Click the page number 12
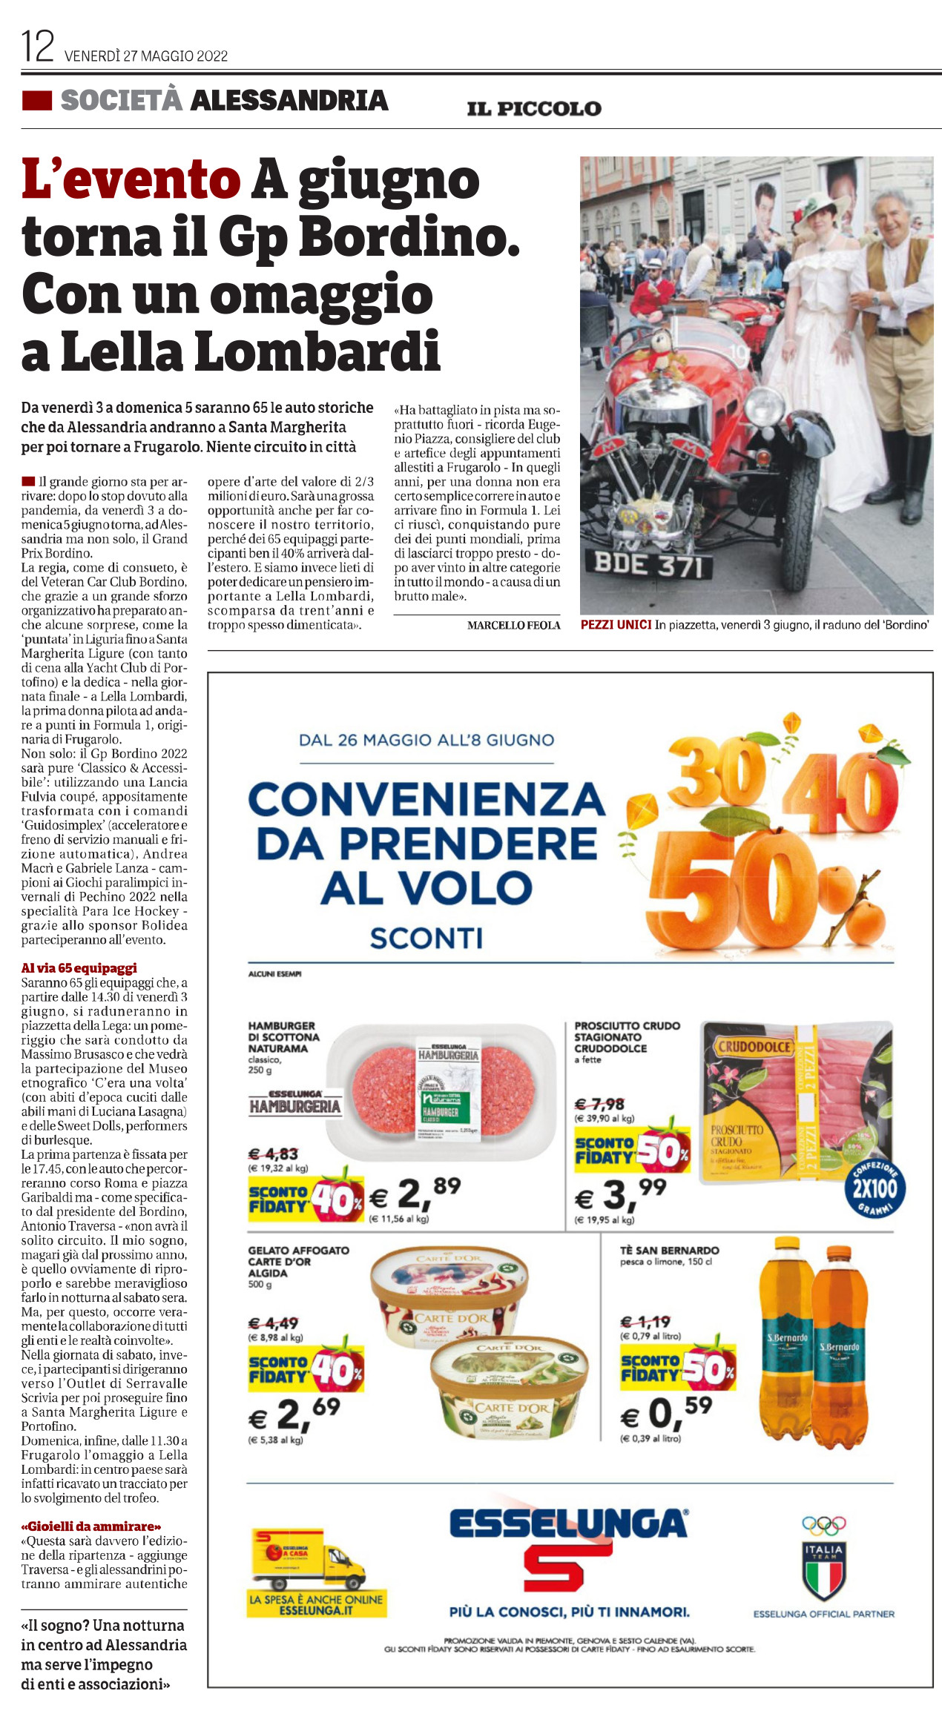coord(38,47)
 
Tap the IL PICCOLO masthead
coord(533,109)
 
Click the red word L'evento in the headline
coord(131,180)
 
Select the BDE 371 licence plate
coord(648,566)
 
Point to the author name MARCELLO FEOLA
coord(513,626)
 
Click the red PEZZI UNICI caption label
coord(616,625)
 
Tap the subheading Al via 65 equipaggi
coord(79,968)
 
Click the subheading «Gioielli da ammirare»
coord(91,1527)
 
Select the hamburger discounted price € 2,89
coord(415,1194)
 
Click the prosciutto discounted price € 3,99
coord(622,1194)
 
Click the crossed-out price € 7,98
coord(599,1105)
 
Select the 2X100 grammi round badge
coord(875,1189)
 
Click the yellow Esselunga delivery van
coord(308,1559)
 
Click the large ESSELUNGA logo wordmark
coord(568,1525)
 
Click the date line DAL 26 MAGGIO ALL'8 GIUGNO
coord(426,740)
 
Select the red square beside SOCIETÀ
coord(37,101)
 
